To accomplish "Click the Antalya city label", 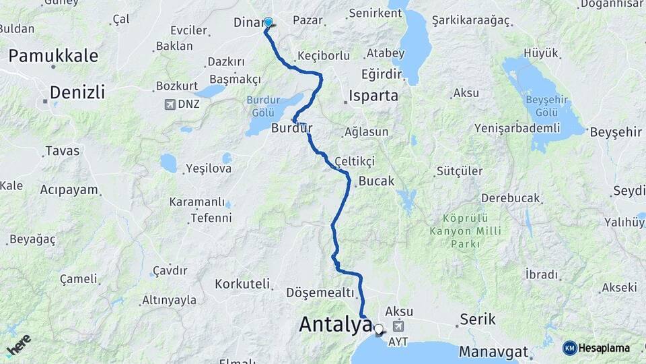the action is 334,324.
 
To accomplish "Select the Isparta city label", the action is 374,95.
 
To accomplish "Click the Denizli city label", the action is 77,92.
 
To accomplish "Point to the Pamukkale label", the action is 53,56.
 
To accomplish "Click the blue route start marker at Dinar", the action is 268,22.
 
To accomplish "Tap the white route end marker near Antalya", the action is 378,330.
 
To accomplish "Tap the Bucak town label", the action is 376,181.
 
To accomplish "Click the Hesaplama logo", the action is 596,348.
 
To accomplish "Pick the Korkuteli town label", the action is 242,284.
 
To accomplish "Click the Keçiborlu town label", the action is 323,55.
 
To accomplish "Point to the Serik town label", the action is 477,320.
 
